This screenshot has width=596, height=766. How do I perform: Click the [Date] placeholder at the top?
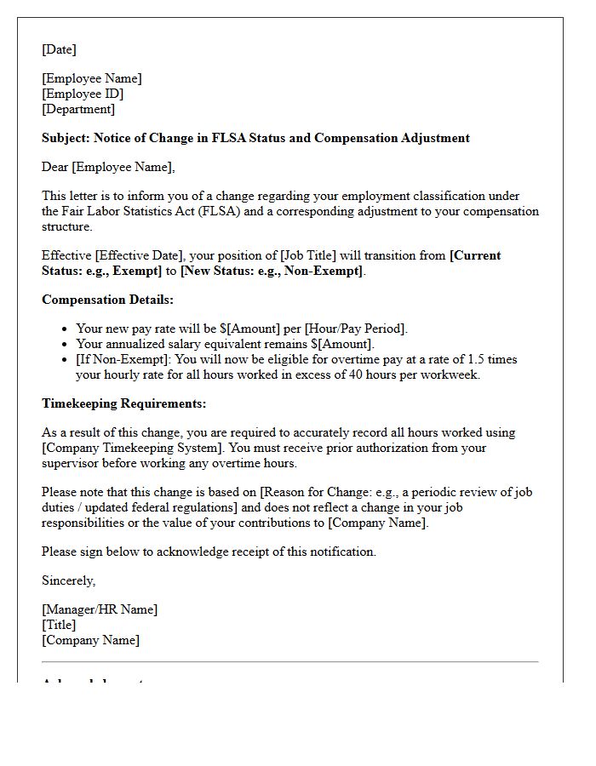[59, 49]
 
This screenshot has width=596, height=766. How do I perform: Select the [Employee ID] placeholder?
[83, 94]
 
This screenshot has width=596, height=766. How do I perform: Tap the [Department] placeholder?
[78, 109]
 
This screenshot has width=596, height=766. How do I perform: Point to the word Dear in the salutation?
[54, 167]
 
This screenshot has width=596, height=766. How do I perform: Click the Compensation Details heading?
[107, 300]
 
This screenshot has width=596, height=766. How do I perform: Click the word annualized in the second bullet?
[161, 344]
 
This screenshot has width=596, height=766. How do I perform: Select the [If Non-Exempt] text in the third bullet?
[123, 359]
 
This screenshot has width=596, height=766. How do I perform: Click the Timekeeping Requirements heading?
[123, 403]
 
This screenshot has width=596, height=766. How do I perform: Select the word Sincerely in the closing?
[68, 580]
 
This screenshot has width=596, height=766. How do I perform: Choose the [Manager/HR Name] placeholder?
[100, 609]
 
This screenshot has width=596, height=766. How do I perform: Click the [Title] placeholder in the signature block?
[59, 625]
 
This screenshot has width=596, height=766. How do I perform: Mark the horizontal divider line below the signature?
[289, 661]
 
